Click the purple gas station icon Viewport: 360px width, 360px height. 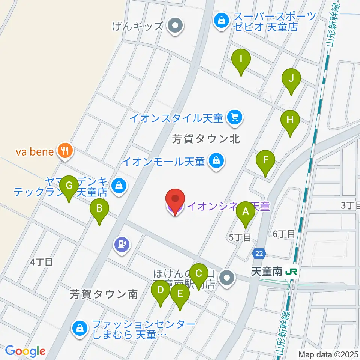(122, 244)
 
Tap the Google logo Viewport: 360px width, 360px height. (25, 351)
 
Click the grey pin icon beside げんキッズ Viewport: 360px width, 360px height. (174, 26)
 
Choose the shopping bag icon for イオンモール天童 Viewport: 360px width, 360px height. (216, 162)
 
